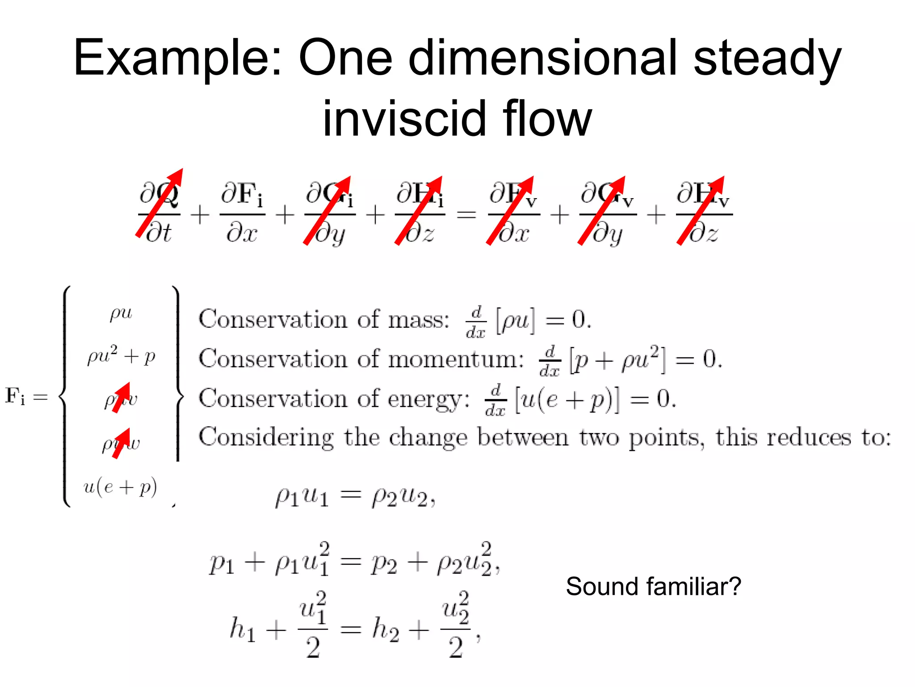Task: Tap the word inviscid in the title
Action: click(x=404, y=119)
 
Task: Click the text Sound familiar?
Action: click(x=653, y=586)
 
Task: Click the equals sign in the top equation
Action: click(x=466, y=215)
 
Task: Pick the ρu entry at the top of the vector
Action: click(x=121, y=313)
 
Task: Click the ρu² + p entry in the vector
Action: click(x=121, y=356)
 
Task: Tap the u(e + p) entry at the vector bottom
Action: click(x=120, y=487)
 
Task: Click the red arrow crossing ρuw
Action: click(x=121, y=443)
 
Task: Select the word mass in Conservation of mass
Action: click(x=418, y=320)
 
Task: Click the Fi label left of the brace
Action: click(x=15, y=396)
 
